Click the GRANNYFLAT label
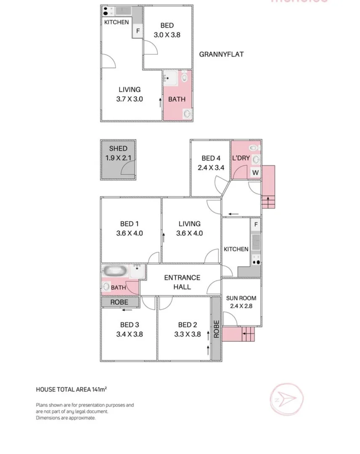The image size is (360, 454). tap(221, 54)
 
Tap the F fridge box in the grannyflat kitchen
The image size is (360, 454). tap(138, 31)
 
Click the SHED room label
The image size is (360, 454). tap(118, 149)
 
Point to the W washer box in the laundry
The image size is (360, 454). tap(255, 172)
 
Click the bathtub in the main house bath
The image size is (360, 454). tap(115, 271)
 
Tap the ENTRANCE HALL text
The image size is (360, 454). tap(182, 282)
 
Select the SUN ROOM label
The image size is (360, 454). tap(241, 298)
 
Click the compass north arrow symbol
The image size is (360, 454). tap(286, 398)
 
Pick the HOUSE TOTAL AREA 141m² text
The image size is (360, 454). tap(71, 390)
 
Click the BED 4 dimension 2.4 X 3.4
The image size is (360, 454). tap(211, 167)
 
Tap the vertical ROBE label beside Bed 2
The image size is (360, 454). tap(216, 329)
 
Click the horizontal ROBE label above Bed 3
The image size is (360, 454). tap(119, 302)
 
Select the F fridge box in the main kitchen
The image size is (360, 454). tap(256, 224)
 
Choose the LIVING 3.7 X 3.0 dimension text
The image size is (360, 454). tap(130, 99)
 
